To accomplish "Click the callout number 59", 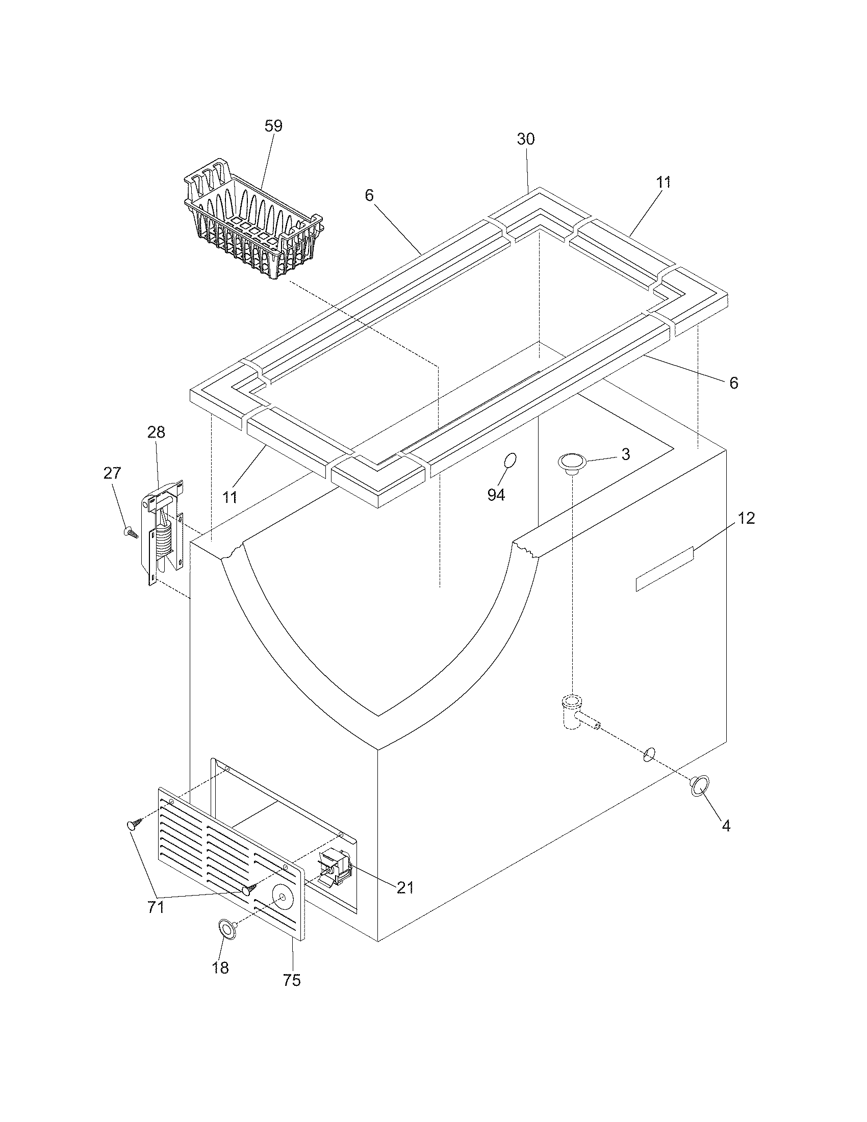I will point(273,126).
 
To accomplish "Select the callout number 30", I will point(525,139).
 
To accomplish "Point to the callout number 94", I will point(496,495).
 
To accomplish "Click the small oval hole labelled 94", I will point(510,461).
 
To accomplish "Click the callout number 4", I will point(725,826).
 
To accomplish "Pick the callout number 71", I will point(156,907).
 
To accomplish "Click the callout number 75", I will point(291,980).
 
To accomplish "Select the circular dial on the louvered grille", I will point(282,897).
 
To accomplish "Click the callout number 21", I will point(405,887).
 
